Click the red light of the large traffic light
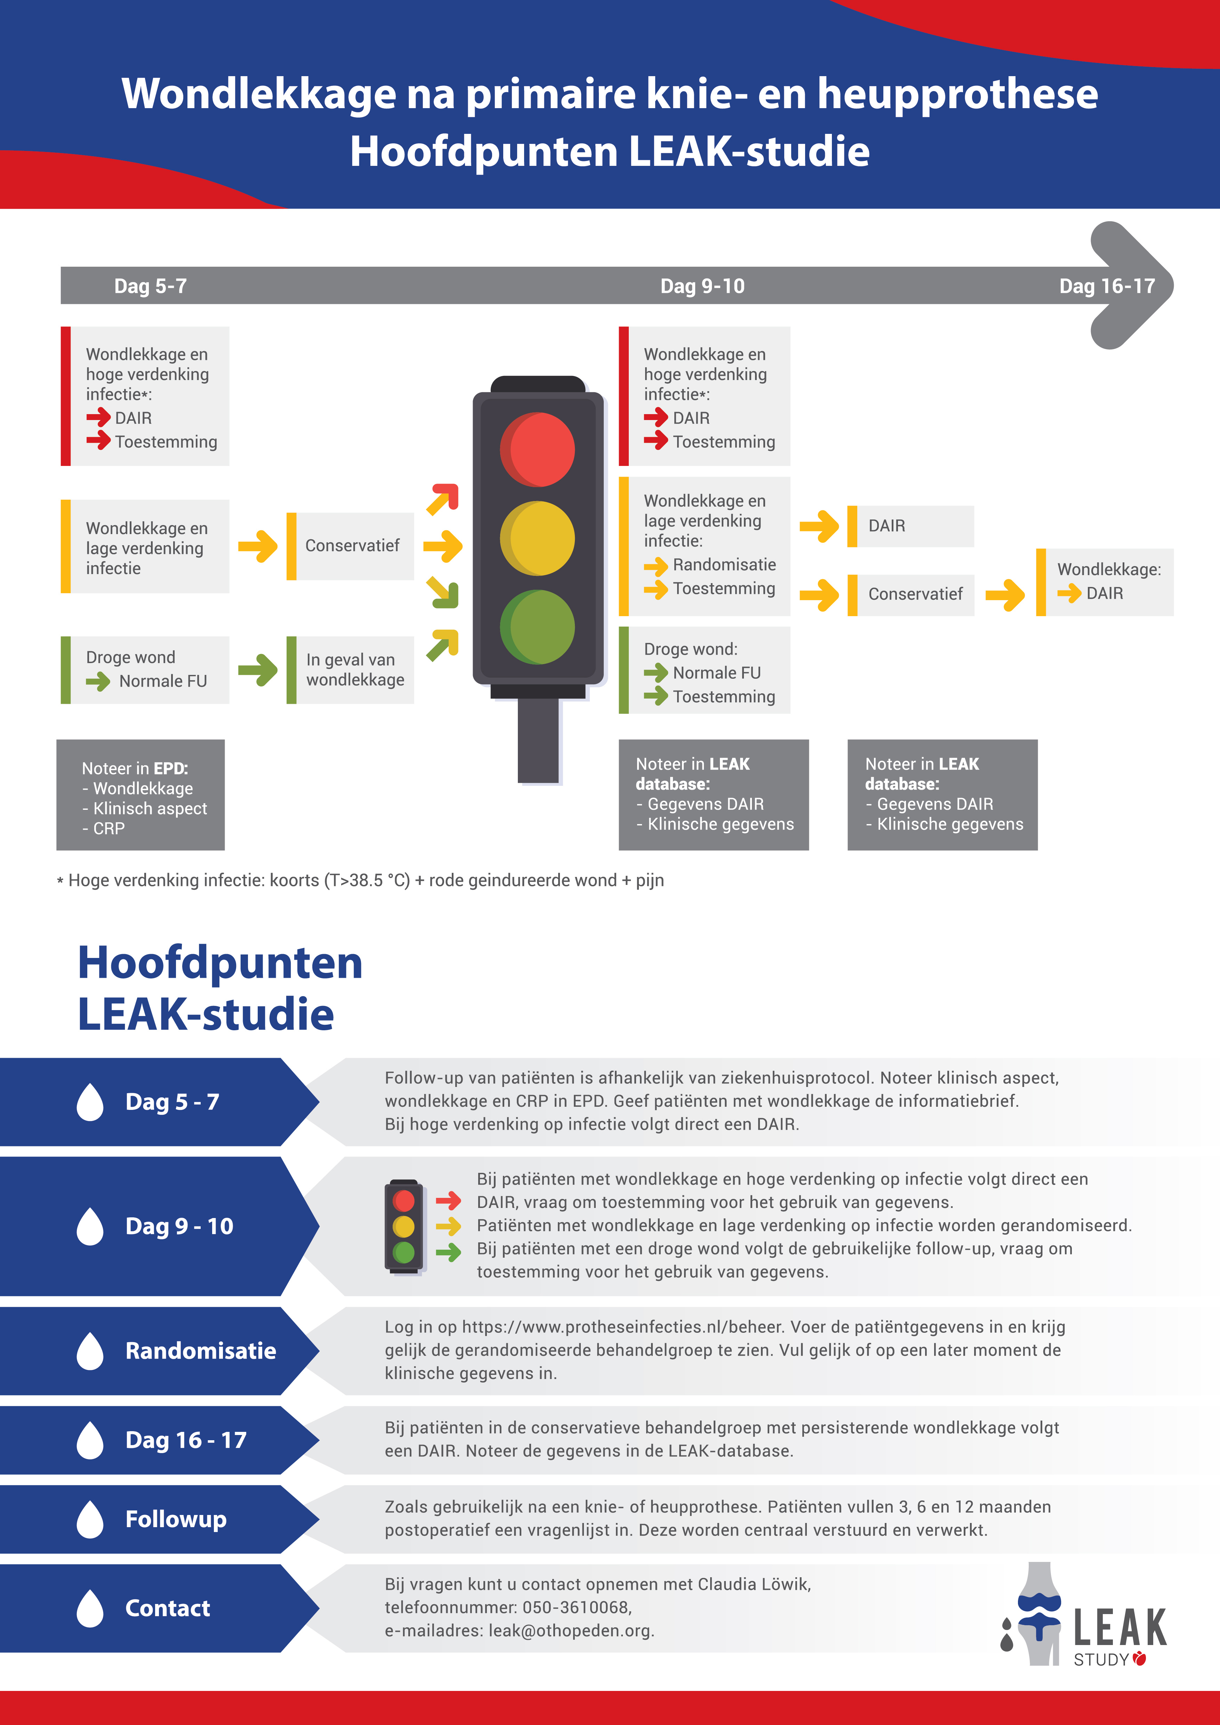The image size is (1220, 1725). click(x=537, y=449)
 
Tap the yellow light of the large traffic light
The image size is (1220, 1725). click(x=537, y=538)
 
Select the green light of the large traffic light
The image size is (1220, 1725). click(x=537, y=627)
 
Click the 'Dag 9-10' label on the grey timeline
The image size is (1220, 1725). click(x=703, y=286)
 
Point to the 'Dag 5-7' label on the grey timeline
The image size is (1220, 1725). click(x=150, y=286)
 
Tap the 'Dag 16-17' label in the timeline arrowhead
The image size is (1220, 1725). click(x=1107, y=286)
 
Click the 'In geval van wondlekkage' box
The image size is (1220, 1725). click(x=350, y=669)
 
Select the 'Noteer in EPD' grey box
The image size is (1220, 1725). click(x=141, y=795)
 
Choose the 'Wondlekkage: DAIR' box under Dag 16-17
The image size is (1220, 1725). click(x=1104, y=582)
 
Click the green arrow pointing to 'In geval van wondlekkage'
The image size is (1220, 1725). click(x=258, y=669)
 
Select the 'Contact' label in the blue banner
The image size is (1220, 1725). click(x=168, y=1608)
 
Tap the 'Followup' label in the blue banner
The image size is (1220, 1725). click(x=176, y=1519)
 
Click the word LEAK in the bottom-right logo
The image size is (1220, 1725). click(x=1119, y=1627)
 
